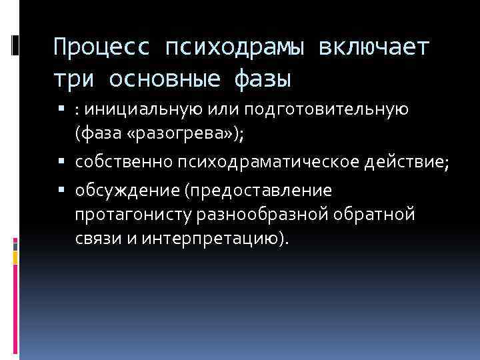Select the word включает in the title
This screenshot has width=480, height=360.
point(376,48)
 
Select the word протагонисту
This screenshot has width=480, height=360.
point(135,215)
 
